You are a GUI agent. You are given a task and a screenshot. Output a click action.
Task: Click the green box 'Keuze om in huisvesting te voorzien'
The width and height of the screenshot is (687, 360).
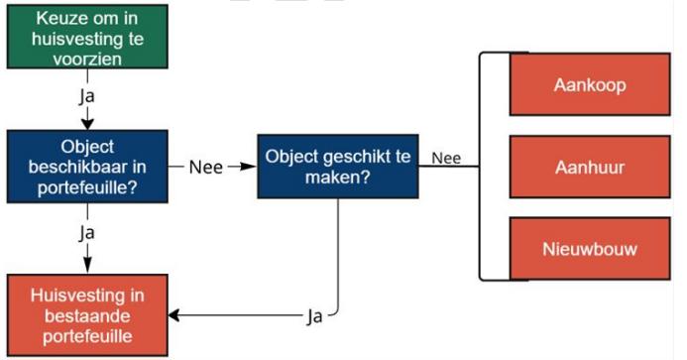pos(86,38)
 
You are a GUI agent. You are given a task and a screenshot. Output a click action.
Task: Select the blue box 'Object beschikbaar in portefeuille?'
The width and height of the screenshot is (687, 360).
pos(86,165)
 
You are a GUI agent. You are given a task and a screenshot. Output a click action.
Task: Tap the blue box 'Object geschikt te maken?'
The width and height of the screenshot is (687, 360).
pos(337,166)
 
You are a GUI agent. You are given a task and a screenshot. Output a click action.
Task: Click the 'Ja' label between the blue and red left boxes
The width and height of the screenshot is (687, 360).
pos(86,232)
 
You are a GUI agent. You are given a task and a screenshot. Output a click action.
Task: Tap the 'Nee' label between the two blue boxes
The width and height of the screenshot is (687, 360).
pos(205,166)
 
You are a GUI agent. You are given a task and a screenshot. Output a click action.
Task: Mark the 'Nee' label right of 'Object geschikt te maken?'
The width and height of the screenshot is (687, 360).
pos(447,158)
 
